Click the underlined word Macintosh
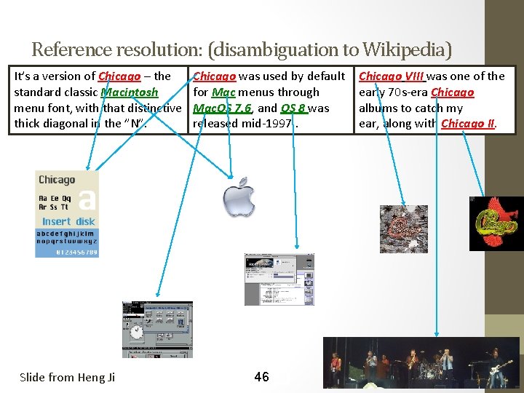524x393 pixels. point(130,92)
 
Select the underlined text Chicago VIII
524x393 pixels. point(392,76)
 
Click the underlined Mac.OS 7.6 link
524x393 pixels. point(223,108)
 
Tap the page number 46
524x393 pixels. point(261,376)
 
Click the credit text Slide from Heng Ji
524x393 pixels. point(67,377)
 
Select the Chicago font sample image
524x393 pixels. point(66,213)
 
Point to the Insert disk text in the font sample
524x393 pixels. point(68,221)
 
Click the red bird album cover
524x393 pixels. point(496,223)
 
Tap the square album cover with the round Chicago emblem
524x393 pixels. point(404,229)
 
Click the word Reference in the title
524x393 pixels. point(71,49)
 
